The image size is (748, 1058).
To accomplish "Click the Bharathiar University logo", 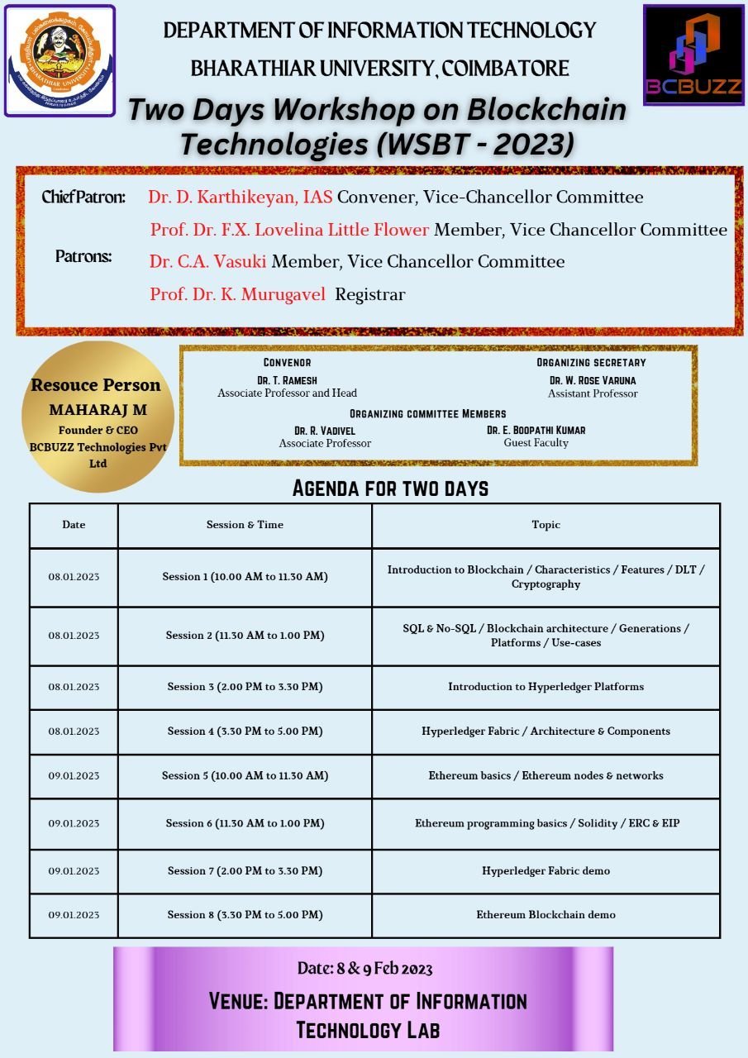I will (x=60, y=60).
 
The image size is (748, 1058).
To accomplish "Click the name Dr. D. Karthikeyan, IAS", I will (x=240, y=197).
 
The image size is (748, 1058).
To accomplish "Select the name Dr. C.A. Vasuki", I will (x=207, y=262).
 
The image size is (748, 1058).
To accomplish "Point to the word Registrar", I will (x=369, y=294).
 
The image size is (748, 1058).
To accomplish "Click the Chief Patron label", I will (x=83, y=198).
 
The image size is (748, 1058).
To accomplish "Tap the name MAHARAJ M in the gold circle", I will (x=98, y=410).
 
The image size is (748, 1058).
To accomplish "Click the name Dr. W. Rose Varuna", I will (x=593, y=380).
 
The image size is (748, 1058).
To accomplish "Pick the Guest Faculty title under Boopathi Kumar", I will (x=536, y=443).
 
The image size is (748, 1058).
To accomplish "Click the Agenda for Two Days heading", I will (x=390, y=488).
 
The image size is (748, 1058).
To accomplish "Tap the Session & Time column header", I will (x=245, y=525).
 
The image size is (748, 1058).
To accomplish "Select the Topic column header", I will (x=546, y=525).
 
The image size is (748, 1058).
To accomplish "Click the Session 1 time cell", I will (x=245, y=577).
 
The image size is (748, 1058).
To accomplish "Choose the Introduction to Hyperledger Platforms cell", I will (x=546, y=687).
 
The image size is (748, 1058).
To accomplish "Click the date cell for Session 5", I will (x=74, y=776).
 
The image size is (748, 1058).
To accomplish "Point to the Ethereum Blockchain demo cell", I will (x=546, y=915).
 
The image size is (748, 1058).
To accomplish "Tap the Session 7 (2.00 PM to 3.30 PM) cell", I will (x=245, y=871).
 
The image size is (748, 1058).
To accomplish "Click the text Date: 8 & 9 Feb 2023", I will (x=364, y=968).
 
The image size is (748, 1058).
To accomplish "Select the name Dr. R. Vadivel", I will (x=325, y=431).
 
